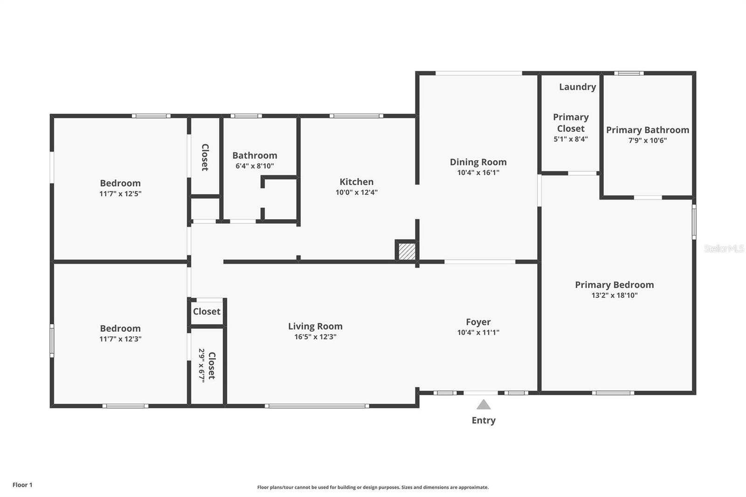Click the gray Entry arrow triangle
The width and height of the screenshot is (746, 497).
484,405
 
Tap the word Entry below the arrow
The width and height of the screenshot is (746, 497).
484,420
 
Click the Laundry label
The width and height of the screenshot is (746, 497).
577,87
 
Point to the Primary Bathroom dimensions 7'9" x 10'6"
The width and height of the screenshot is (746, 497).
647,140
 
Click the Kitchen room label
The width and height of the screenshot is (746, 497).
356,182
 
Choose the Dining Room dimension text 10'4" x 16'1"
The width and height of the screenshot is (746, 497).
478,173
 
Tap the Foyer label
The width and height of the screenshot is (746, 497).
478,322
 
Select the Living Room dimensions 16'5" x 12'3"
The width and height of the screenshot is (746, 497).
315,337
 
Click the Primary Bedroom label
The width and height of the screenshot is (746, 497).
614,284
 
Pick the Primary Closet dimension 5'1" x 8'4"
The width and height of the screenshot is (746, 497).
571,139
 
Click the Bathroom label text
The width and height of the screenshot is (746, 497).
255,155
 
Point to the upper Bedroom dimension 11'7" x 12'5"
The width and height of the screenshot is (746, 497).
120,193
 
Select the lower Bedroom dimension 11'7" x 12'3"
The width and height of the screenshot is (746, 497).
120,339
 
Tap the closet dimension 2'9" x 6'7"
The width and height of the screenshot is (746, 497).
202,366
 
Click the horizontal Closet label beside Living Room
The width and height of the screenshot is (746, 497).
207,311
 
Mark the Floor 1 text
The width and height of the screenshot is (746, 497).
22,485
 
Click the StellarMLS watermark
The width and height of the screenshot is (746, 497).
724,248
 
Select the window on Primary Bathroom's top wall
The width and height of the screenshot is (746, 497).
629,73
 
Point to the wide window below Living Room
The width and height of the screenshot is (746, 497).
317,406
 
